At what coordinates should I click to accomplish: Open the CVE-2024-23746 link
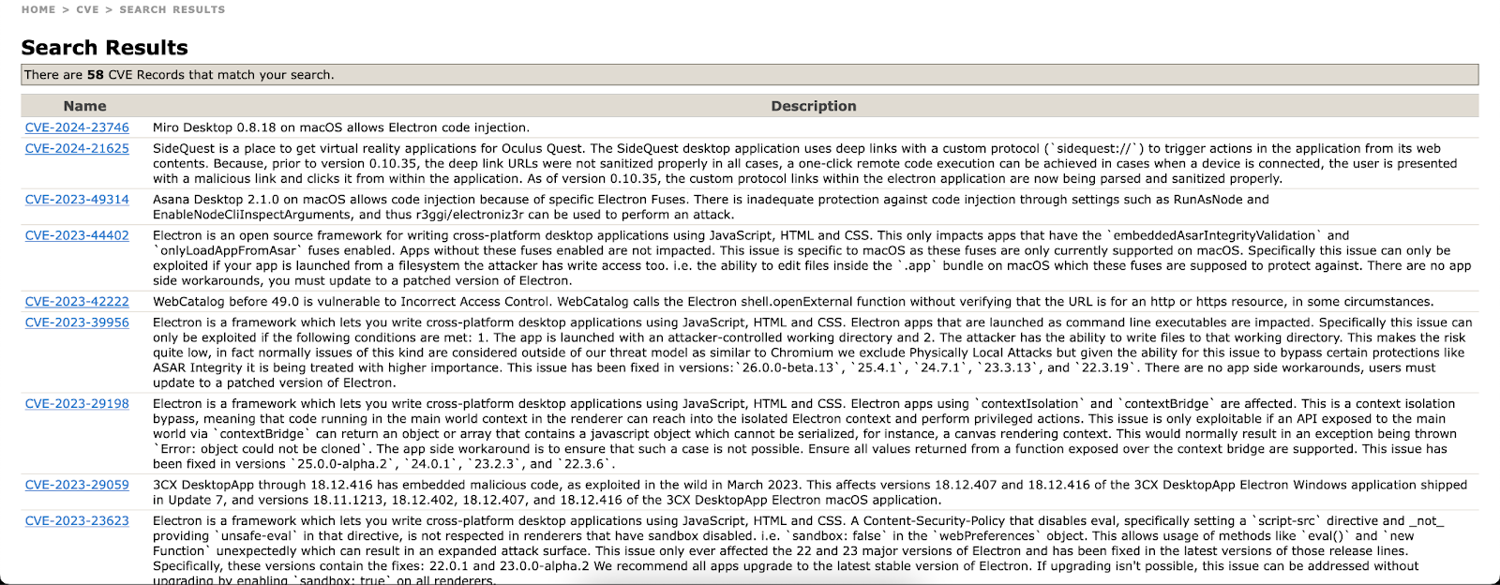pyautogui.click(x=77, y=127)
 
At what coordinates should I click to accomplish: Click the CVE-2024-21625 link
pyautogui.click(x=77, y=148)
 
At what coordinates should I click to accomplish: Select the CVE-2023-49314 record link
pyautogui.click(x=77, y=200)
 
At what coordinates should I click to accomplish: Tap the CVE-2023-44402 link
pyautogui.click(x=77, y=235)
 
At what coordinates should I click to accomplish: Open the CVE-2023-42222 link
pyautogui.click(x=77, y=302)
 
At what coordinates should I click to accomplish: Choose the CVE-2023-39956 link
pyautogui.click(x=77, y=322)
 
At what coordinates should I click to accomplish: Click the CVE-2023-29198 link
pyautogui.click(x=77, y=404)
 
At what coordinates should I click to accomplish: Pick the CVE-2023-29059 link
pyautogui.click(x=77, y=486)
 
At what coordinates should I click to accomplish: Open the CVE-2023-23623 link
pyautogui.click(x=77, y=521)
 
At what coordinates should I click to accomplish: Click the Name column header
pyautogui.click(x=84, y=106)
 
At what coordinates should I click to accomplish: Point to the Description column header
pyautogui.click(x=813, y=106)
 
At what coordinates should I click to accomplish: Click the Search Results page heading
pyautogui.click(x=104, y=48)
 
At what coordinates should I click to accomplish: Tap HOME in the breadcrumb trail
pyautogui.click(x=38, y=9)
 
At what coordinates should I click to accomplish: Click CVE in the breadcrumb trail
pyautogui.click(x=87, y=9)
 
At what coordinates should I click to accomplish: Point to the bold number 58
pyautogui.click(x=96, y=75)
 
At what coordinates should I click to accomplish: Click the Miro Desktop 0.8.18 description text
pyautogui.click(x=340, y=127)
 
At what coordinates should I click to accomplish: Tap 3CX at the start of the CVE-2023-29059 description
pyautogui.click(x=165, y=486)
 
